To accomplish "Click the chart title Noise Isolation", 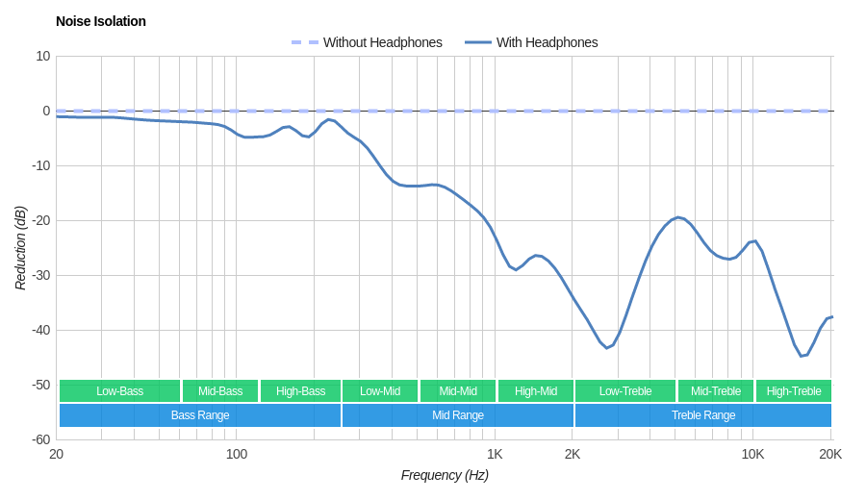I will [101, 21].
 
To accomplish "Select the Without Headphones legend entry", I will [382, 42].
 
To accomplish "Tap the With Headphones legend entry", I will [547, 42].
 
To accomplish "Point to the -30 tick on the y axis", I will [40, 275].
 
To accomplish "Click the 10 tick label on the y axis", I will [43, 56].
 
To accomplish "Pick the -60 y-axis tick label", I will [40, 439].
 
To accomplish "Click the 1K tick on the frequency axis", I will [495, 454].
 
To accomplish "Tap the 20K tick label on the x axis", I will [830, 454].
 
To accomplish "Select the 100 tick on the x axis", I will [237, 454].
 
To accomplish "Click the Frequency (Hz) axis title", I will [445, 475].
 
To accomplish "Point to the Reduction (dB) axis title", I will [20, 248].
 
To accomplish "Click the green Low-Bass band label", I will [119, 391].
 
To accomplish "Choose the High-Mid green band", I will [536, 391].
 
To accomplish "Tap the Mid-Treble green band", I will [716, 391].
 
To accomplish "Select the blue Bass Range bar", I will [200, 415].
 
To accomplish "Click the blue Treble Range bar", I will [703, 415].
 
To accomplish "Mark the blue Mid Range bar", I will [458, 415].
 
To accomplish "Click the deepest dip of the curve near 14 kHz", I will [802, 356].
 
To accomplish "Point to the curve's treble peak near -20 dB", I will [678, 217].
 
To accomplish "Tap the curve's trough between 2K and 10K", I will [606, 347].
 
